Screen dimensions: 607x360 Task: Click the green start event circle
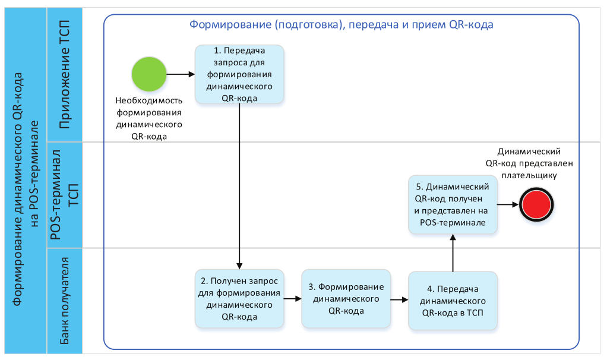click(x=149, y=74)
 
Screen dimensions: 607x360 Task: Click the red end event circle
click(x=536, y=205)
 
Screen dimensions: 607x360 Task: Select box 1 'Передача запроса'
click(x=239, y=74)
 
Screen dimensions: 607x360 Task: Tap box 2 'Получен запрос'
click(x=239, y=299)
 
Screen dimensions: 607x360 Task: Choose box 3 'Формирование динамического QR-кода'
click(x=346, y=299)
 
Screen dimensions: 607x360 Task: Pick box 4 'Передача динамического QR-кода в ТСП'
click(x=453, y=301)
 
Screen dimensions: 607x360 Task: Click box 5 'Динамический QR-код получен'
click(x=453, y=204)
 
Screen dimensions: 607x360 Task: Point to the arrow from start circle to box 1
click(x=181, y=74)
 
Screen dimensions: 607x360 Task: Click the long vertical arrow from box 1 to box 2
click(x=239, y=187)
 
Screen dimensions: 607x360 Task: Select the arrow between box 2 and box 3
click(x=293, y=298)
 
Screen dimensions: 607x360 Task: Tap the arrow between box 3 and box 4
click(x=400, y=299)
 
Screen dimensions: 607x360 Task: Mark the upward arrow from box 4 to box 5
click(x=453, y=253)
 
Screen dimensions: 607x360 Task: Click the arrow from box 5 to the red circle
click(x=508, y=204)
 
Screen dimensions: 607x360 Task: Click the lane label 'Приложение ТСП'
click(x=64, y=74)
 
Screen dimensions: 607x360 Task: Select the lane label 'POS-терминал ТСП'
click(x=64, y=195)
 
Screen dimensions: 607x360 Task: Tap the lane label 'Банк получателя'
click(x=64, y=301)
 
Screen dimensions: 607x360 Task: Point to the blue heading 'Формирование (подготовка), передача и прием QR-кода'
click(x=341, y=25)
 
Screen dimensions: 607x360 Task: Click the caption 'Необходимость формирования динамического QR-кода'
click(x=149, y=118)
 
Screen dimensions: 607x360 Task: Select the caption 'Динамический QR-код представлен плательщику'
click(x=529, y=163)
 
